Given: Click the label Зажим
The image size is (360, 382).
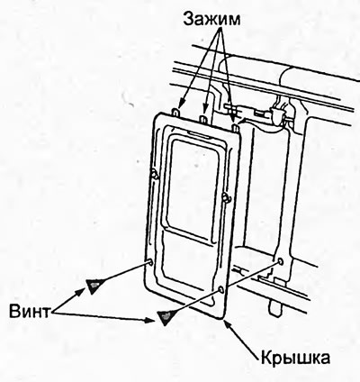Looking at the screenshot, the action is [x=211, y=19].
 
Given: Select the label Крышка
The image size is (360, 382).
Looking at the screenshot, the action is [x=295, y=358].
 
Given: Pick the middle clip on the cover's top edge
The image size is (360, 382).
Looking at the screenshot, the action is [x=203, y=118].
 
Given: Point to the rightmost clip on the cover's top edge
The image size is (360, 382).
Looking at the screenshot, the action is [x=235, y=126].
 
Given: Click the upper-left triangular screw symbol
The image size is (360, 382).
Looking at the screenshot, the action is [x=94, y=286].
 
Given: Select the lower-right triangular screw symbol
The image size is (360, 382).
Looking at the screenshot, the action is [x=166, y=317].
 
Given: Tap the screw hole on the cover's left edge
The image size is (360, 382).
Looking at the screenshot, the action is [x=149, y=262].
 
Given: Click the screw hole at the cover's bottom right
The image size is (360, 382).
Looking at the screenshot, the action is [x=221, y=290].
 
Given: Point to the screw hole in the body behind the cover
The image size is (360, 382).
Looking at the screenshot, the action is [x=280, y=261].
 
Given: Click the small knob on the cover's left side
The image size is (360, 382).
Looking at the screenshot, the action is [x=155, y=174].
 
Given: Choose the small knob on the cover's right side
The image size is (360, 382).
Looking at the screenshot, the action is [x=225, y=197].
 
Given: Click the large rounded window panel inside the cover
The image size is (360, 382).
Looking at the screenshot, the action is [x=193, y=189].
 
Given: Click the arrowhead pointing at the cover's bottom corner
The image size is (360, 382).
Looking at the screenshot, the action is [x=228, y=326].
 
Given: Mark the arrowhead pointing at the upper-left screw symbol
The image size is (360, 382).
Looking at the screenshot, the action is [x=82, y=290].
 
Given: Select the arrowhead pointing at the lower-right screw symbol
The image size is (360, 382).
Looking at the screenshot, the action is [x=150, y=320].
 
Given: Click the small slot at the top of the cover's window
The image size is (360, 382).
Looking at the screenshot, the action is [x=200, y=134].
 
